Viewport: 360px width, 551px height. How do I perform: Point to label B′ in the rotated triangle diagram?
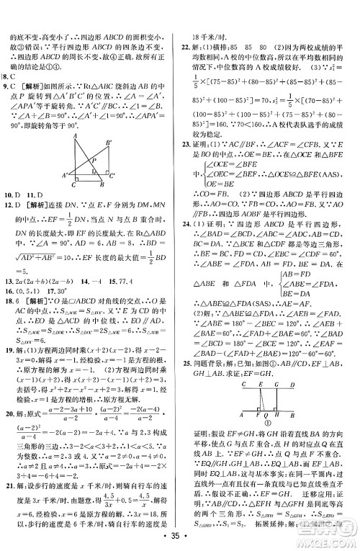point(107,143)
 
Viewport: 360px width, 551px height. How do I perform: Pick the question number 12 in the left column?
point(10,224)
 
